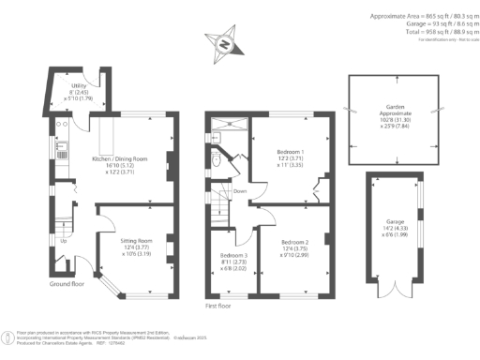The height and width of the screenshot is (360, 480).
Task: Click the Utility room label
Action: point(80,90)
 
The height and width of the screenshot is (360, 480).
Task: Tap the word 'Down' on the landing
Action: point(240,191)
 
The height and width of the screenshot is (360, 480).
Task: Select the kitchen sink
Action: point(62,145)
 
